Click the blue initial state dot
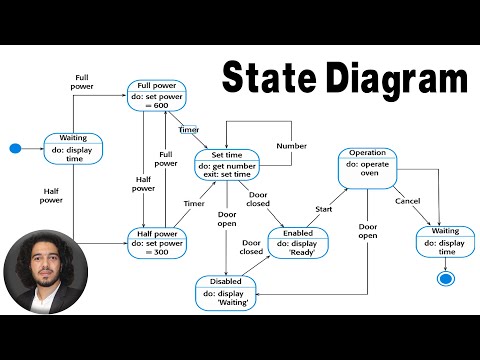15,149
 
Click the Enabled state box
297,243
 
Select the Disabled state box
226,291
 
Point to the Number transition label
292,146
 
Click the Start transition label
323,209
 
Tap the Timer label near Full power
188,130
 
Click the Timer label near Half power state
194,203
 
